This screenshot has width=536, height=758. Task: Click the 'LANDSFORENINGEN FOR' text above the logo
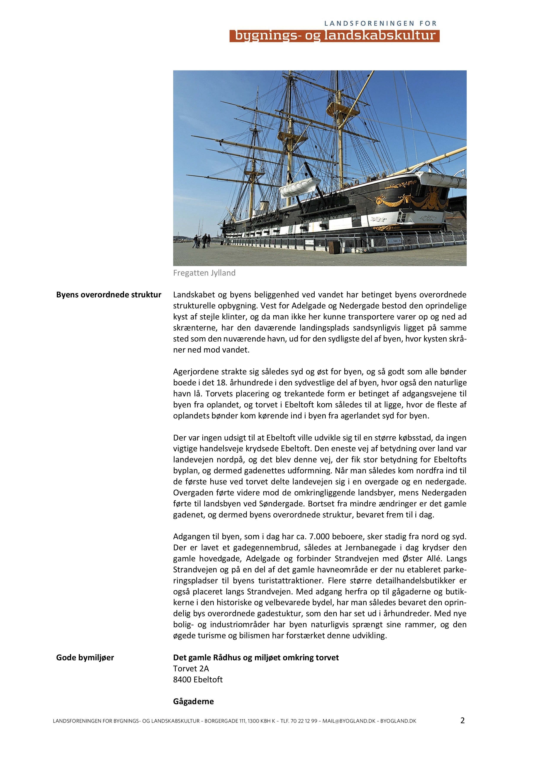point(380,23)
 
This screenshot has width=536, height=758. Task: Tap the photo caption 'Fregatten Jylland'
point(204,273)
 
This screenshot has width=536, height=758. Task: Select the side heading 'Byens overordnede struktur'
point(108,295)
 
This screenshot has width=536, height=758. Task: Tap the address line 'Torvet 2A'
point(191,669)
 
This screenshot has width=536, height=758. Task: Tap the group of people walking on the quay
point(202,241)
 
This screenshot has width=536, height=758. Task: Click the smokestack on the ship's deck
point(263,206)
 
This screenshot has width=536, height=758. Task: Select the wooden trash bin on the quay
point(334,247)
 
